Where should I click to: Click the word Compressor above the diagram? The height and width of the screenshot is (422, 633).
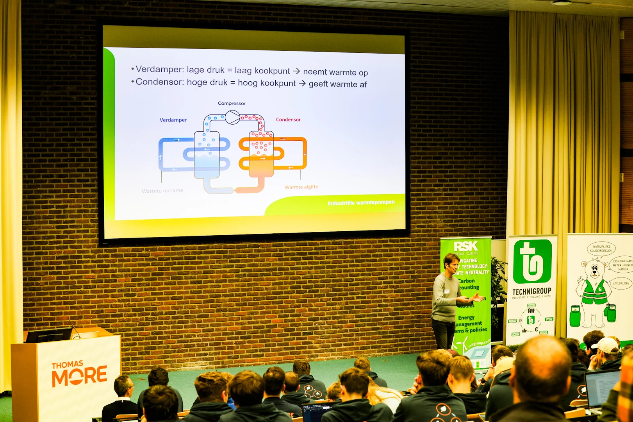(232, 104)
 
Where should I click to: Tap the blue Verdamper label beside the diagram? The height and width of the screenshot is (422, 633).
(173, 120)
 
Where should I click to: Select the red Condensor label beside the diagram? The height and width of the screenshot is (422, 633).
(288, 120)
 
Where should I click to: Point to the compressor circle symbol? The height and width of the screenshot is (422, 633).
(232, 117)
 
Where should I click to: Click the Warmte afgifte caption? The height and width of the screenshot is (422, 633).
(301, 187)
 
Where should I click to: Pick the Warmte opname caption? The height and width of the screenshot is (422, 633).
(162, 191)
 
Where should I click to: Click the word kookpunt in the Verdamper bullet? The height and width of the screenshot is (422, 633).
(272, 71)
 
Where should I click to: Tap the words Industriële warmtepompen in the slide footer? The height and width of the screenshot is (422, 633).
(361, 203)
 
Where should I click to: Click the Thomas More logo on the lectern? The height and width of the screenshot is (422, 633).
(79, 373)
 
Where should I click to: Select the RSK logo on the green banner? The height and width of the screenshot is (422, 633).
(465, 246)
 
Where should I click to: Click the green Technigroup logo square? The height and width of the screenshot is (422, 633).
(532, 261)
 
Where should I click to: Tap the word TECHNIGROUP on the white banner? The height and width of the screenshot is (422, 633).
(531, 291)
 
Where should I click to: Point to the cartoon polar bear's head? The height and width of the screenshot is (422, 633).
(594, 269)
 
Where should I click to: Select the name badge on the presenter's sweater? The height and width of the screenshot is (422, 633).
(446, 291)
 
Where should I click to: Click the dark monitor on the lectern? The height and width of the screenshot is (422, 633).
(49, 335)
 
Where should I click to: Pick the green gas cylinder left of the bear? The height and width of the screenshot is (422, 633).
(575, 316)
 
